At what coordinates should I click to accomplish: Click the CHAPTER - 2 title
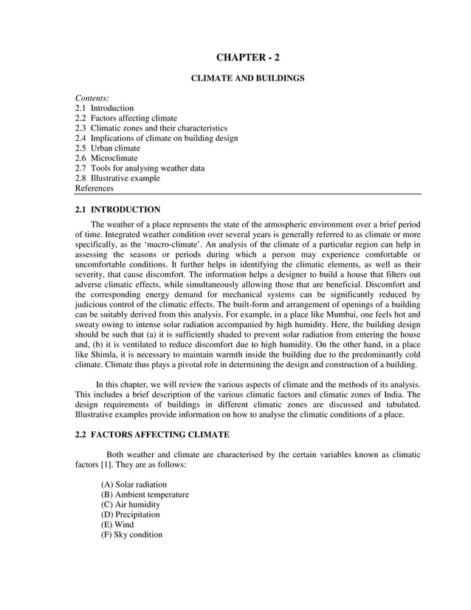(247, 58)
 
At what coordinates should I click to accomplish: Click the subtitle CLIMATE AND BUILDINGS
(247, 78)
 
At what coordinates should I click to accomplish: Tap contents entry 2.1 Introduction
(104, 108)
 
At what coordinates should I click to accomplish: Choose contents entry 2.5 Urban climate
(107, 148)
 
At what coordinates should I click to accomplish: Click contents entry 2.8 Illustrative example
(117, 178)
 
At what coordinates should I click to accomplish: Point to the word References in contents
(94, 188)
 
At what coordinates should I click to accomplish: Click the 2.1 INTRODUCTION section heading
(117, 210)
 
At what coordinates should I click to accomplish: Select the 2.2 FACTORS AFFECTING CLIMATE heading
(152, 435)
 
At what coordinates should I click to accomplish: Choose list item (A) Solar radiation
(134, 485)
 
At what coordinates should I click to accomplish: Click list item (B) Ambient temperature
(145, 495)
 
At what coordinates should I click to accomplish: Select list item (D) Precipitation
(130, 515)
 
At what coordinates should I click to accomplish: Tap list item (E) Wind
(117, 525)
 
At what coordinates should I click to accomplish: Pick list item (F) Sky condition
(131, 535)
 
